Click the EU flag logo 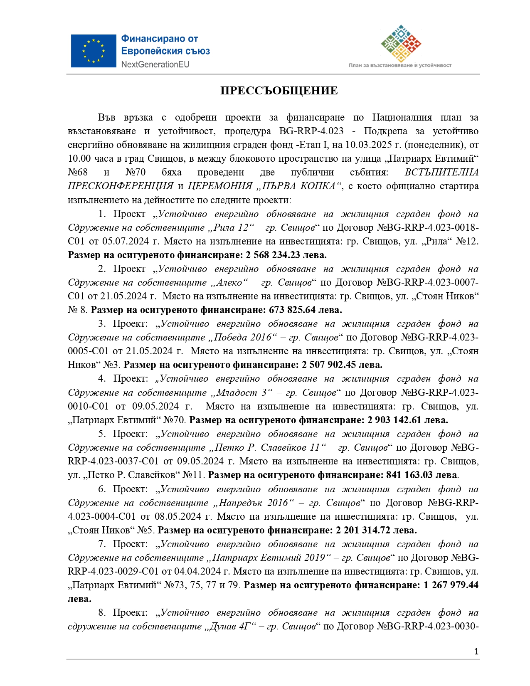coord(93,51)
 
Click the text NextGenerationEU coord(155,64)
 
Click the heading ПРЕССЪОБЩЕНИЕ coord(279,91)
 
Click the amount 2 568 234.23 coord(275,255)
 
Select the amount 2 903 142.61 coord(395,420)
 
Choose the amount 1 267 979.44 coord(451,585)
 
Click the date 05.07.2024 coord(125,241)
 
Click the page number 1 coord(476,651)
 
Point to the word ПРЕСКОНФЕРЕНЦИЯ coord(121,186)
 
